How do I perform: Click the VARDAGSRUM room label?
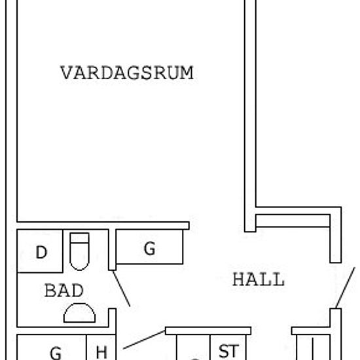pyautogui.click(x=127, y=73)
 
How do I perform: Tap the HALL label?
pyautogui.click(x=259, y=279)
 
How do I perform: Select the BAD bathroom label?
pyautogui.click(x=64, y=290)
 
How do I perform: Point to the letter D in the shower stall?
pyautogui.click(x=41, y=252)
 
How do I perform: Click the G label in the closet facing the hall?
pyautogui.click(x=149, y=249)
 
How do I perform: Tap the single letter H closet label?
pyautogui.click(x=101, y=352)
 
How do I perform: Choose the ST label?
pyautogui.click(x=228, y=351)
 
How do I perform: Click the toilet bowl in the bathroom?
pyautogui.click(x=79, y=256)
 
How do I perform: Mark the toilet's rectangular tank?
pyautogui.click(x=79, y=238)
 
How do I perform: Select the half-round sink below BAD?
pyautogui.click(x=79, y=313)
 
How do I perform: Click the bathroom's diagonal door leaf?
pyautogui.click(x=122, y=289)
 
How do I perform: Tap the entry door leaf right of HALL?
pyautogui.click(x=346, y=288)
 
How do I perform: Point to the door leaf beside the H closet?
pyautogui.click(x=145, y=340)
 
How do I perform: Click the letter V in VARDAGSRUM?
pyautogui.click(x=67, y=73)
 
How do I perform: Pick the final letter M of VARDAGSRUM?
pyautogui.click(x=186, y=73)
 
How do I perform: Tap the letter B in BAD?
pyautogui.click(x=50, y=290)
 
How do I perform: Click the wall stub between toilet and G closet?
pyautogui.click(x=113, y=250)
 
